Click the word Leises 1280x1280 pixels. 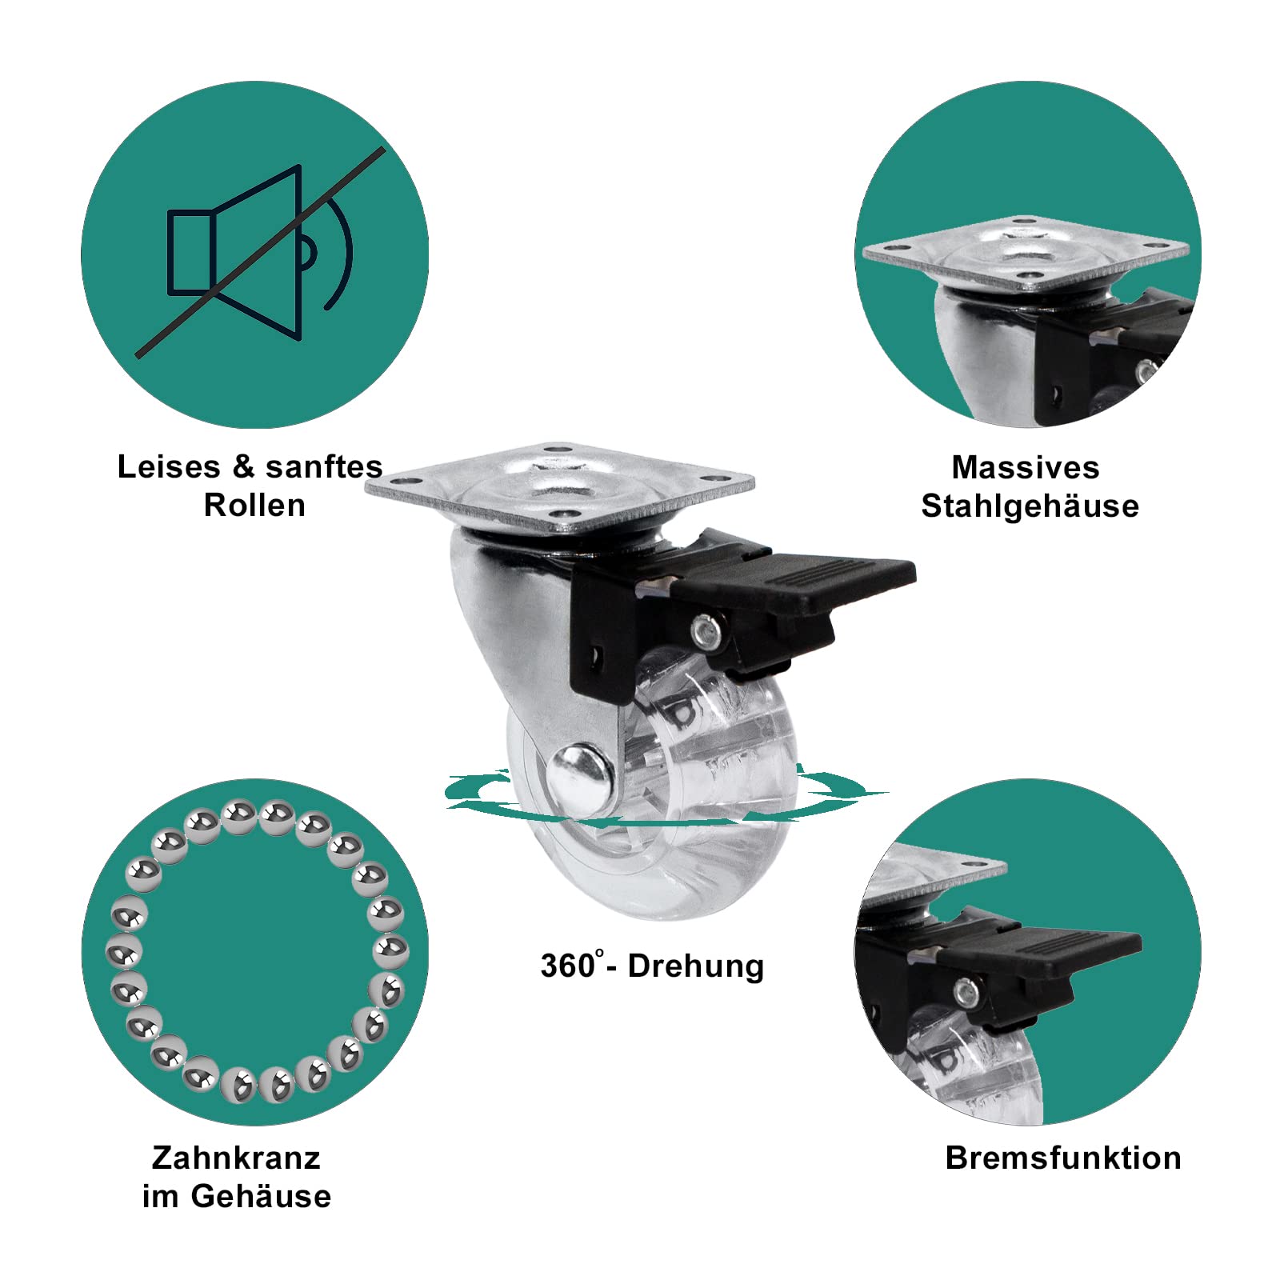(x=169, y=466)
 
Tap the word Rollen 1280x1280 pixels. (x=254, y=506)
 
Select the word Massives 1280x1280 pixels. (x=1026, y=467)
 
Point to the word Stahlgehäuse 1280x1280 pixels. (x=1030, y=506)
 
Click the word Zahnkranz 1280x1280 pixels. (x=236, y=1158)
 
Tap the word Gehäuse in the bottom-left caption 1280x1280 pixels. (x=261, y=1196)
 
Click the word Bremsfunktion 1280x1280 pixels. (x=1063, y=1158)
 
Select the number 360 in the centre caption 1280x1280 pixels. (x=567, y=966)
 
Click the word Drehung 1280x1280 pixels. (x=696, y=966)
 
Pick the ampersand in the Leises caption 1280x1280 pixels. (x=243, y=466)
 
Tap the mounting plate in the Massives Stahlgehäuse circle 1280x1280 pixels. (x=1026, y=252)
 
